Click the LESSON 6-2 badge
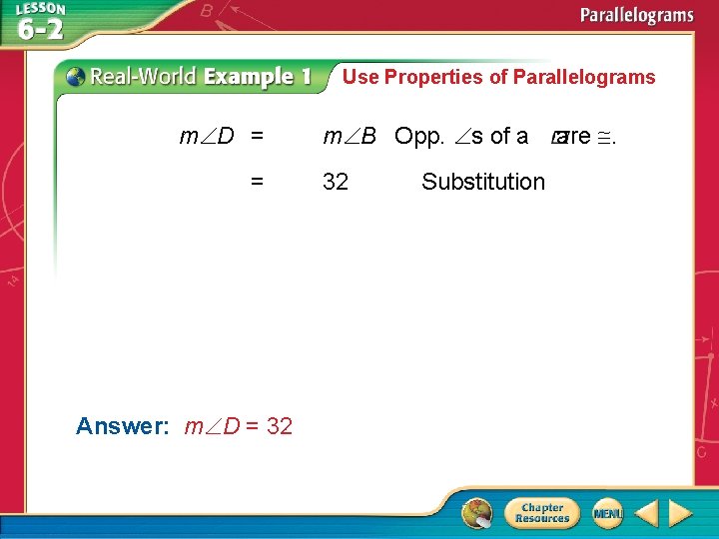pos(40,22)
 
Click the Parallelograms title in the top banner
pos(638,15)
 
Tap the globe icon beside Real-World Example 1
pos(74,77)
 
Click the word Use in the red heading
pos(361,77)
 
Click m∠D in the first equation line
pos(207,136)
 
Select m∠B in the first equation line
pos(349,136)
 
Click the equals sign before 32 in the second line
pos(258,182)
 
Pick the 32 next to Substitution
pos(336,182)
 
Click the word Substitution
pos(483,182)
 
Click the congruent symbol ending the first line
pos(604,136)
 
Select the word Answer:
pos(123,426)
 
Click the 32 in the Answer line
pos(280,426)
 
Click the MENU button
pos(607,513)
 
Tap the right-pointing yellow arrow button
pos(680,513)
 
